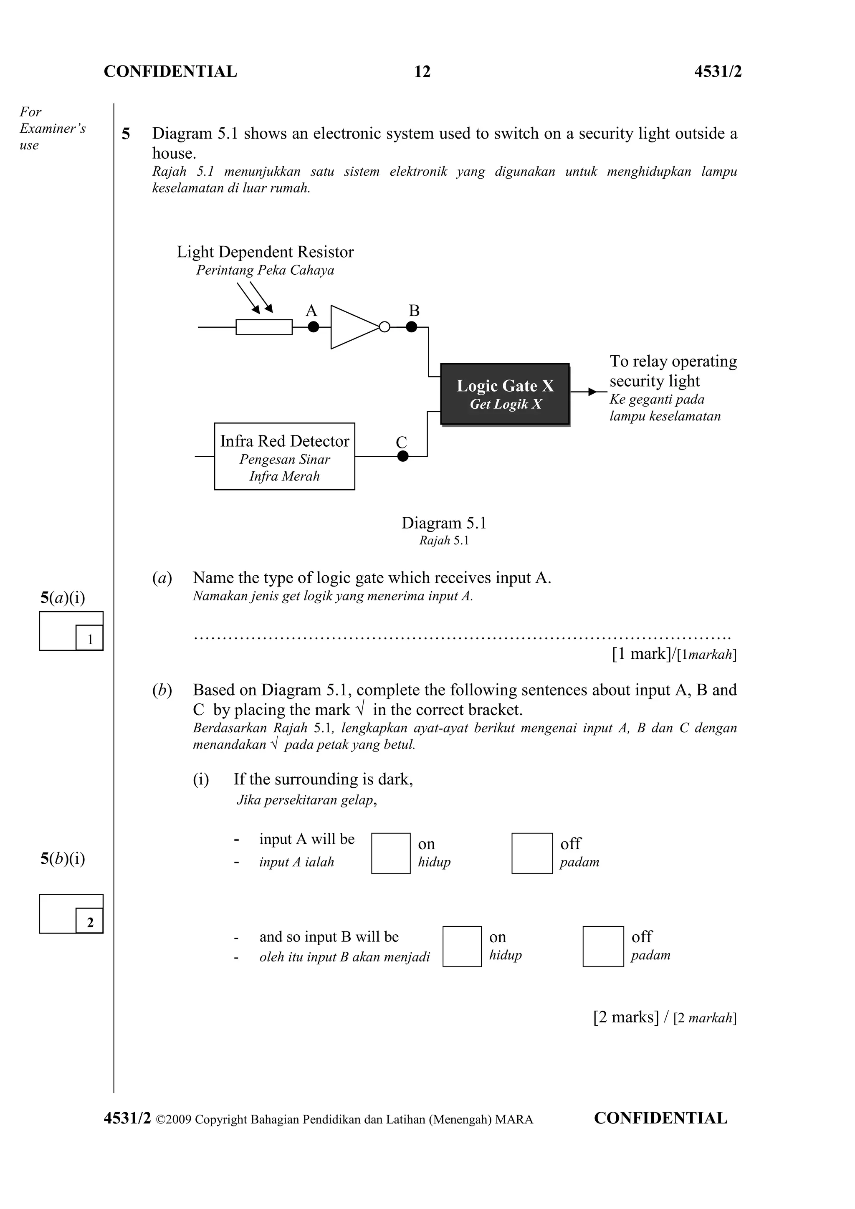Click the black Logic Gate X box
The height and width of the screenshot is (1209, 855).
[505, 394]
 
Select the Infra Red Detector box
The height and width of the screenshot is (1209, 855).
[284, 456]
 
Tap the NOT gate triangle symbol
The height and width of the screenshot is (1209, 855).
[353, 327]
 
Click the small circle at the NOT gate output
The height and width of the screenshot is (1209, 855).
[385, 327]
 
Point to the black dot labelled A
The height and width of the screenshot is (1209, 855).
[313, 327]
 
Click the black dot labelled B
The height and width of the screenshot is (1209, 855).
[412, 327]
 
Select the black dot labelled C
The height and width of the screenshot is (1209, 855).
[403, 456]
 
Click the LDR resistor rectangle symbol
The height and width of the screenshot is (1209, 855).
[264, 327]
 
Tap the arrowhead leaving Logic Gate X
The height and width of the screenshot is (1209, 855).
[592, 392]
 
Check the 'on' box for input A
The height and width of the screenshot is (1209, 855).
[391, 853]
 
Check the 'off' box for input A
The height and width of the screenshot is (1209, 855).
[532, 853]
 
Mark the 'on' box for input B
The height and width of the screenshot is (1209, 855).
[462, 946]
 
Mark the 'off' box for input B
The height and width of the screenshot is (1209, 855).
[603, 946]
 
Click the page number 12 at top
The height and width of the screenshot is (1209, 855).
[422, 72]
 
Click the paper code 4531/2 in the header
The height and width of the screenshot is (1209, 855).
[718, 72]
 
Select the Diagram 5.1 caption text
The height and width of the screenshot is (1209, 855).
[444, 523]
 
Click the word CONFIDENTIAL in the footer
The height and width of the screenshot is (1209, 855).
[660, 1118]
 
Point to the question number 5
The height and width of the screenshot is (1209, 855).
[126, 134]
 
